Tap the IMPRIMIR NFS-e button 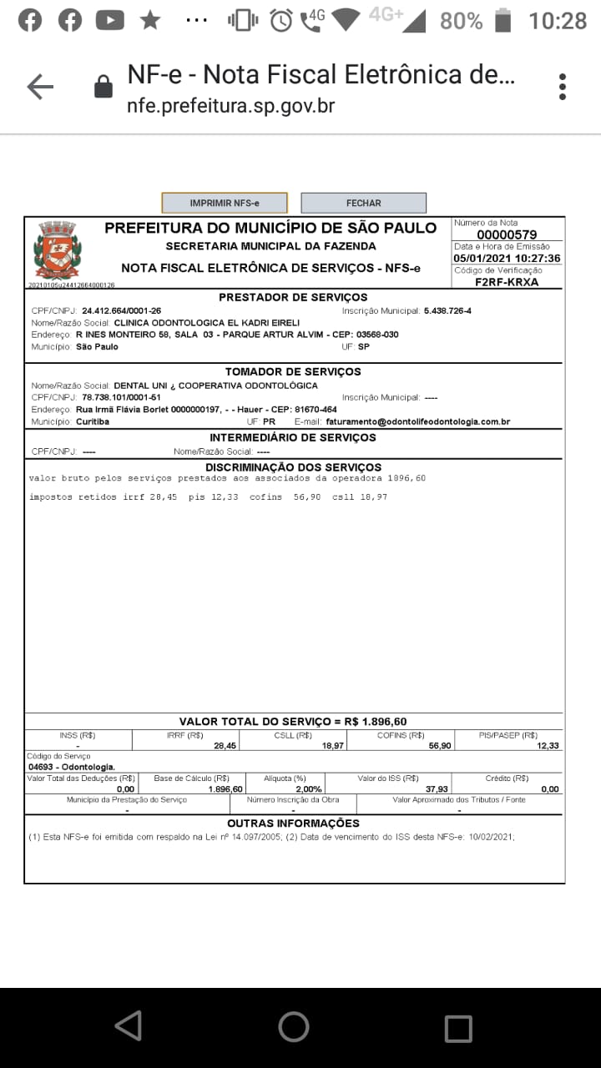tap(224, 203)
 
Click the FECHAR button tap(363, 203)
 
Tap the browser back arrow tap(39, 87)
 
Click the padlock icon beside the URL tap(104, 87)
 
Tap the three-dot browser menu tap(563, 87)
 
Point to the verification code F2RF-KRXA tap(507, 282)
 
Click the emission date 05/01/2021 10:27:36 tap(507, 259)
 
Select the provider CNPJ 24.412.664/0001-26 tap(121, 311)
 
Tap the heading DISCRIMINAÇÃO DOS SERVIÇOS tap(293, 467)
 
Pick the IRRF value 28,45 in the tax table tap(225, 746)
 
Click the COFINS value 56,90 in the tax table tap(440, 746)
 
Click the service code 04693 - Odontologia tap(72, 767)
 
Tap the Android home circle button tap(293, 1027)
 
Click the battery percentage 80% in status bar tap(461, 20)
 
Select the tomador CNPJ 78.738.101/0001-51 tap(121, 397)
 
